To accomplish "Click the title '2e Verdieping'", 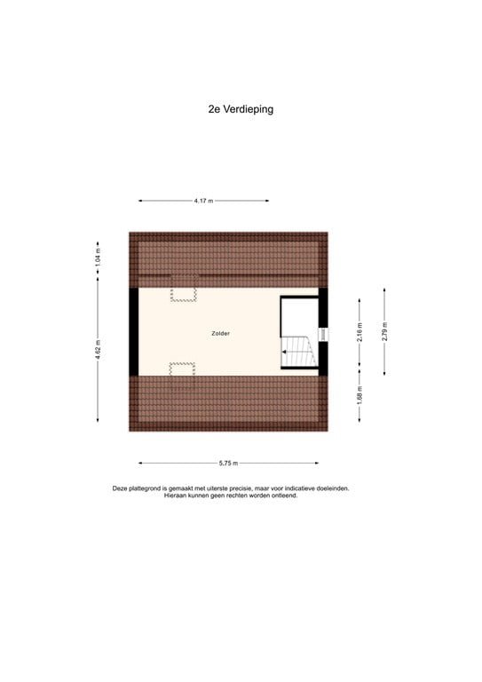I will [235, 110].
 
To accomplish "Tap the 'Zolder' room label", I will [221, 333].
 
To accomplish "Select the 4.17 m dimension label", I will [202, 201].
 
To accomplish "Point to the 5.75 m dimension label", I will [227, 463].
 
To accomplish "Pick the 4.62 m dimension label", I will [99, 350].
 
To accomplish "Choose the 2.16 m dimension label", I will [360, 331].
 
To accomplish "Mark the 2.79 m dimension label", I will [384, 331].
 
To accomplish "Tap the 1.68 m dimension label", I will [360, 393].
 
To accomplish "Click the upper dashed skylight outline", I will [184, 294].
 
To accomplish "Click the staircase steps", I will [298, 352].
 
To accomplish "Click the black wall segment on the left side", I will [133, 332].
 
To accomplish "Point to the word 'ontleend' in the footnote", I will [282, 496].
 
